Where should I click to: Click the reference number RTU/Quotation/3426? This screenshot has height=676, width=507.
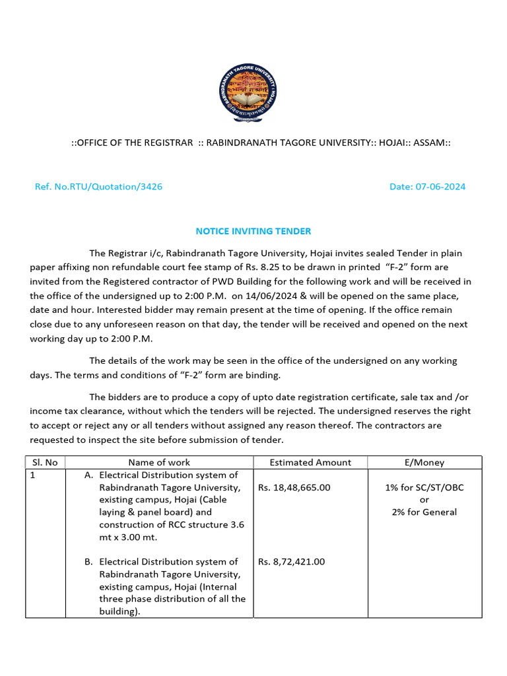click(98, 187)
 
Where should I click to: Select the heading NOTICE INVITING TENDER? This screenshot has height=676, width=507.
click(253, 231)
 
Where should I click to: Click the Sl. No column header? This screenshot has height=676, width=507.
click(45, 462)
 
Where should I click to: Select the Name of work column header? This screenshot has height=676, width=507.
click(159, 462)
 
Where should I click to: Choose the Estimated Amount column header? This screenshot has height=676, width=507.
click(310, 462)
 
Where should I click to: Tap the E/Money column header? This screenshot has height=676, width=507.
click(424, 462)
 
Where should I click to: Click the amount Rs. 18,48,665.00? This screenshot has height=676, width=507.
click(294, 487)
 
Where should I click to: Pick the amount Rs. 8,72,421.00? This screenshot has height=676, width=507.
click(291, 562)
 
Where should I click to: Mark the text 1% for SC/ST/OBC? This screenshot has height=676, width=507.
click(424, 487)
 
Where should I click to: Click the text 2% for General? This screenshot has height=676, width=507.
click(424, 512)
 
